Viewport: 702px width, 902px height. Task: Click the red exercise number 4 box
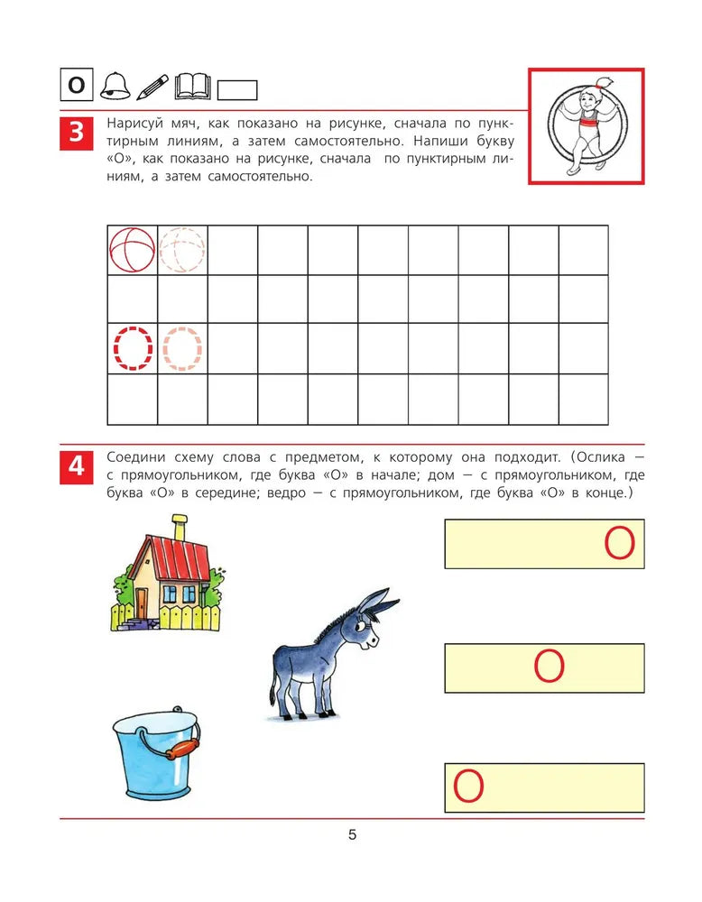coord(76,467)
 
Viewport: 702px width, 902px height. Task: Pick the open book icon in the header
coord(192,86)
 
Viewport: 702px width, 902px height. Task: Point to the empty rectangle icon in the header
coord(238,90)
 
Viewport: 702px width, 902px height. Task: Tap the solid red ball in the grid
coord(132,248)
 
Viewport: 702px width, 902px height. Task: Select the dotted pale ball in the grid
coord(182,249)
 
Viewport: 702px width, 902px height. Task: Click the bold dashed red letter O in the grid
coord(132,348)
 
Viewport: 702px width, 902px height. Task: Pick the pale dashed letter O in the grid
coord(182,348)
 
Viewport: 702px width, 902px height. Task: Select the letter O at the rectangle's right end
coord(619,544)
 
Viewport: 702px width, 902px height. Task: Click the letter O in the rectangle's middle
coord(549,667)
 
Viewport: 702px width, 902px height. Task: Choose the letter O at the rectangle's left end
coord(468,787)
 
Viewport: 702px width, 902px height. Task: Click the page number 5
coord(352,835)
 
